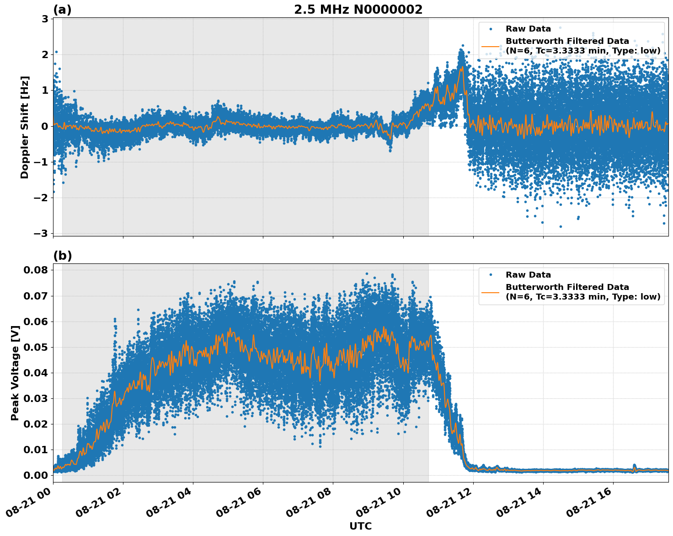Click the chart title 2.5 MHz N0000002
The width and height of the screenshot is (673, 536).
point(358,10)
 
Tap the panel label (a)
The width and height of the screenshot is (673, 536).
point(62,10)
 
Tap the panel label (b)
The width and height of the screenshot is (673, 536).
point(62,256)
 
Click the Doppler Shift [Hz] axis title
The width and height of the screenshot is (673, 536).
point(25,127)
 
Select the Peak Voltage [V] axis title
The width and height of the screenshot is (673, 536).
point(15,373)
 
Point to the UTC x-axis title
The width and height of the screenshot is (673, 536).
point(360,526)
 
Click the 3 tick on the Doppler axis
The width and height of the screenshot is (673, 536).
point(45,19)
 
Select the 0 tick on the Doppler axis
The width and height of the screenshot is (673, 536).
point(45,126)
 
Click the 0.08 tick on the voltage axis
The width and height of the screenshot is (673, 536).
point(36,270)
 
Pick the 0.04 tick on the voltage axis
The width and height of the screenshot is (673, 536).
point(36,373)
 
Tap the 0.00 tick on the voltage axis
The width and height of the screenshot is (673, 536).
point(36,475)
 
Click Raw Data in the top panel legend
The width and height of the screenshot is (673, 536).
point(528,29)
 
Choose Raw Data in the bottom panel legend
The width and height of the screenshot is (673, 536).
point(528,275)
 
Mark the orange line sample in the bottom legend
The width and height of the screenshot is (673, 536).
point(491,292)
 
